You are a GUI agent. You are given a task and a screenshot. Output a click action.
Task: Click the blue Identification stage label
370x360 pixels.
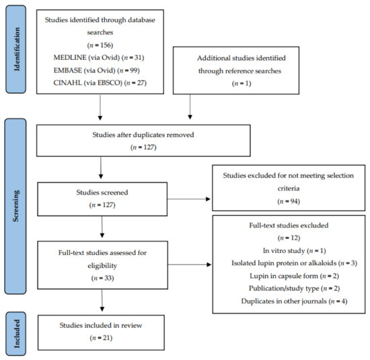pos(16,49)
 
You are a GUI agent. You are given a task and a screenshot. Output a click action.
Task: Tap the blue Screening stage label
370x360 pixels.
pos(15,206)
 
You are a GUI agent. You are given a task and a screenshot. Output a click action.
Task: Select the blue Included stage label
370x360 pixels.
pos(16,334)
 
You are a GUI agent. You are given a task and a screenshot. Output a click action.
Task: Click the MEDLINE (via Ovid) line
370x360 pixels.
pos(99,58)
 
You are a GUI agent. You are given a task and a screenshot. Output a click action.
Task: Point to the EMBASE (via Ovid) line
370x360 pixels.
pos(96,71)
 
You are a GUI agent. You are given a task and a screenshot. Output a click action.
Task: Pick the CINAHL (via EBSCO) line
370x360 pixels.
pos(100,83)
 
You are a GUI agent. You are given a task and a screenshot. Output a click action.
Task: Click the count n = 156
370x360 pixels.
pos(100,45)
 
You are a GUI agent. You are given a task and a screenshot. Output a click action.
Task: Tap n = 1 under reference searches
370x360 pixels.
pos(242,83)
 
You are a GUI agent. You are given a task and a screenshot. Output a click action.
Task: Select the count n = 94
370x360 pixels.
pos(289,201)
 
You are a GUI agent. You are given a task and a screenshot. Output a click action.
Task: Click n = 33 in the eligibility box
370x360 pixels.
pos(103,278)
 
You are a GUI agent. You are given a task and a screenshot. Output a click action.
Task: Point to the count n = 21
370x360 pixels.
pos(101,338)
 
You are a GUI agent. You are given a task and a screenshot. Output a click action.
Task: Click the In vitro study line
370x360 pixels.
pos(294,251)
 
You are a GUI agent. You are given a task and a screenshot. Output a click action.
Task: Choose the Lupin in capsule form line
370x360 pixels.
pos(294,276)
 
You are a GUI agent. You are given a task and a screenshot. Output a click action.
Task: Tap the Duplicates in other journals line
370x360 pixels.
pos(294,301)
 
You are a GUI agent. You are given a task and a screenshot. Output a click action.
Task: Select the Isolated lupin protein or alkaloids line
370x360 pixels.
pos(294,263)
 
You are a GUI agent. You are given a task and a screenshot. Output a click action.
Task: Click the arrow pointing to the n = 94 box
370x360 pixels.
pos(189,199)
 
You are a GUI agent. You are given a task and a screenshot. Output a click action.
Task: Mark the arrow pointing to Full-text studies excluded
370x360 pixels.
pos(190,264)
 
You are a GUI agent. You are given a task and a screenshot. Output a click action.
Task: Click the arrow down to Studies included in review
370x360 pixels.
pos(102,300)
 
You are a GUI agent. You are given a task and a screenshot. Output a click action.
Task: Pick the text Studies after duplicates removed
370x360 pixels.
pos(143,135)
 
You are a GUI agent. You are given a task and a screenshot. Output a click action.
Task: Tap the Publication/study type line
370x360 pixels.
pos(294,289)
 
